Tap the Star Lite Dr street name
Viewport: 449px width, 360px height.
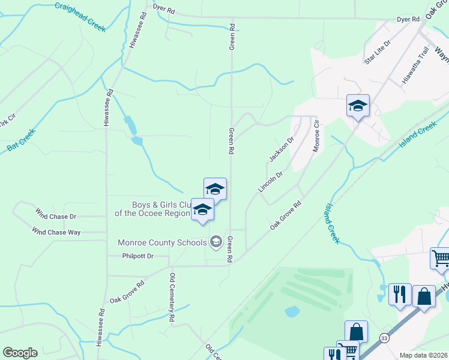[377, 52]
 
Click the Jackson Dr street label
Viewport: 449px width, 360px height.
[282, 149]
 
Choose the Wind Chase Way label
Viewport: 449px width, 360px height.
[60, 232]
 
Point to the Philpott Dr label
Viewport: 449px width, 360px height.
[137, 256]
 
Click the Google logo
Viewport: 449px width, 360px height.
[20, 353]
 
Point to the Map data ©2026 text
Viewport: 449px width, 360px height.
[423, 355]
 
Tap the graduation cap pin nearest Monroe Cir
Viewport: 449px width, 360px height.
[358, 107]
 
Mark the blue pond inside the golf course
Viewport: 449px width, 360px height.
[292, 311]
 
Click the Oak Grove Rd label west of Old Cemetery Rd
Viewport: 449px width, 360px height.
[127, 292]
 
